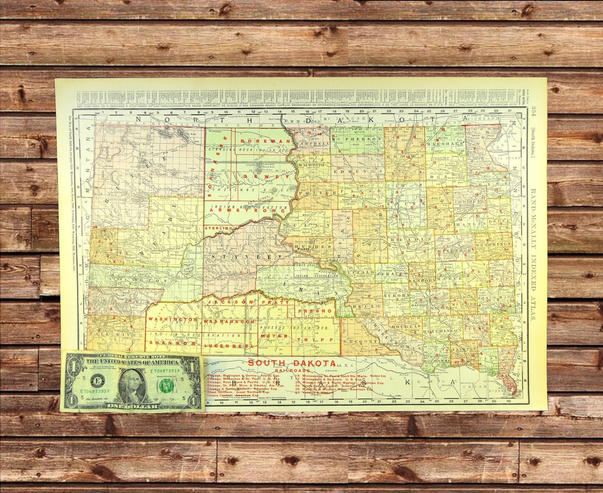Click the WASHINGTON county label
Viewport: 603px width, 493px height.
[173, 319]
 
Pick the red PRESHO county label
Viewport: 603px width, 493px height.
[315, 310]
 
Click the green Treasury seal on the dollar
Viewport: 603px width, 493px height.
[166, 385]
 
